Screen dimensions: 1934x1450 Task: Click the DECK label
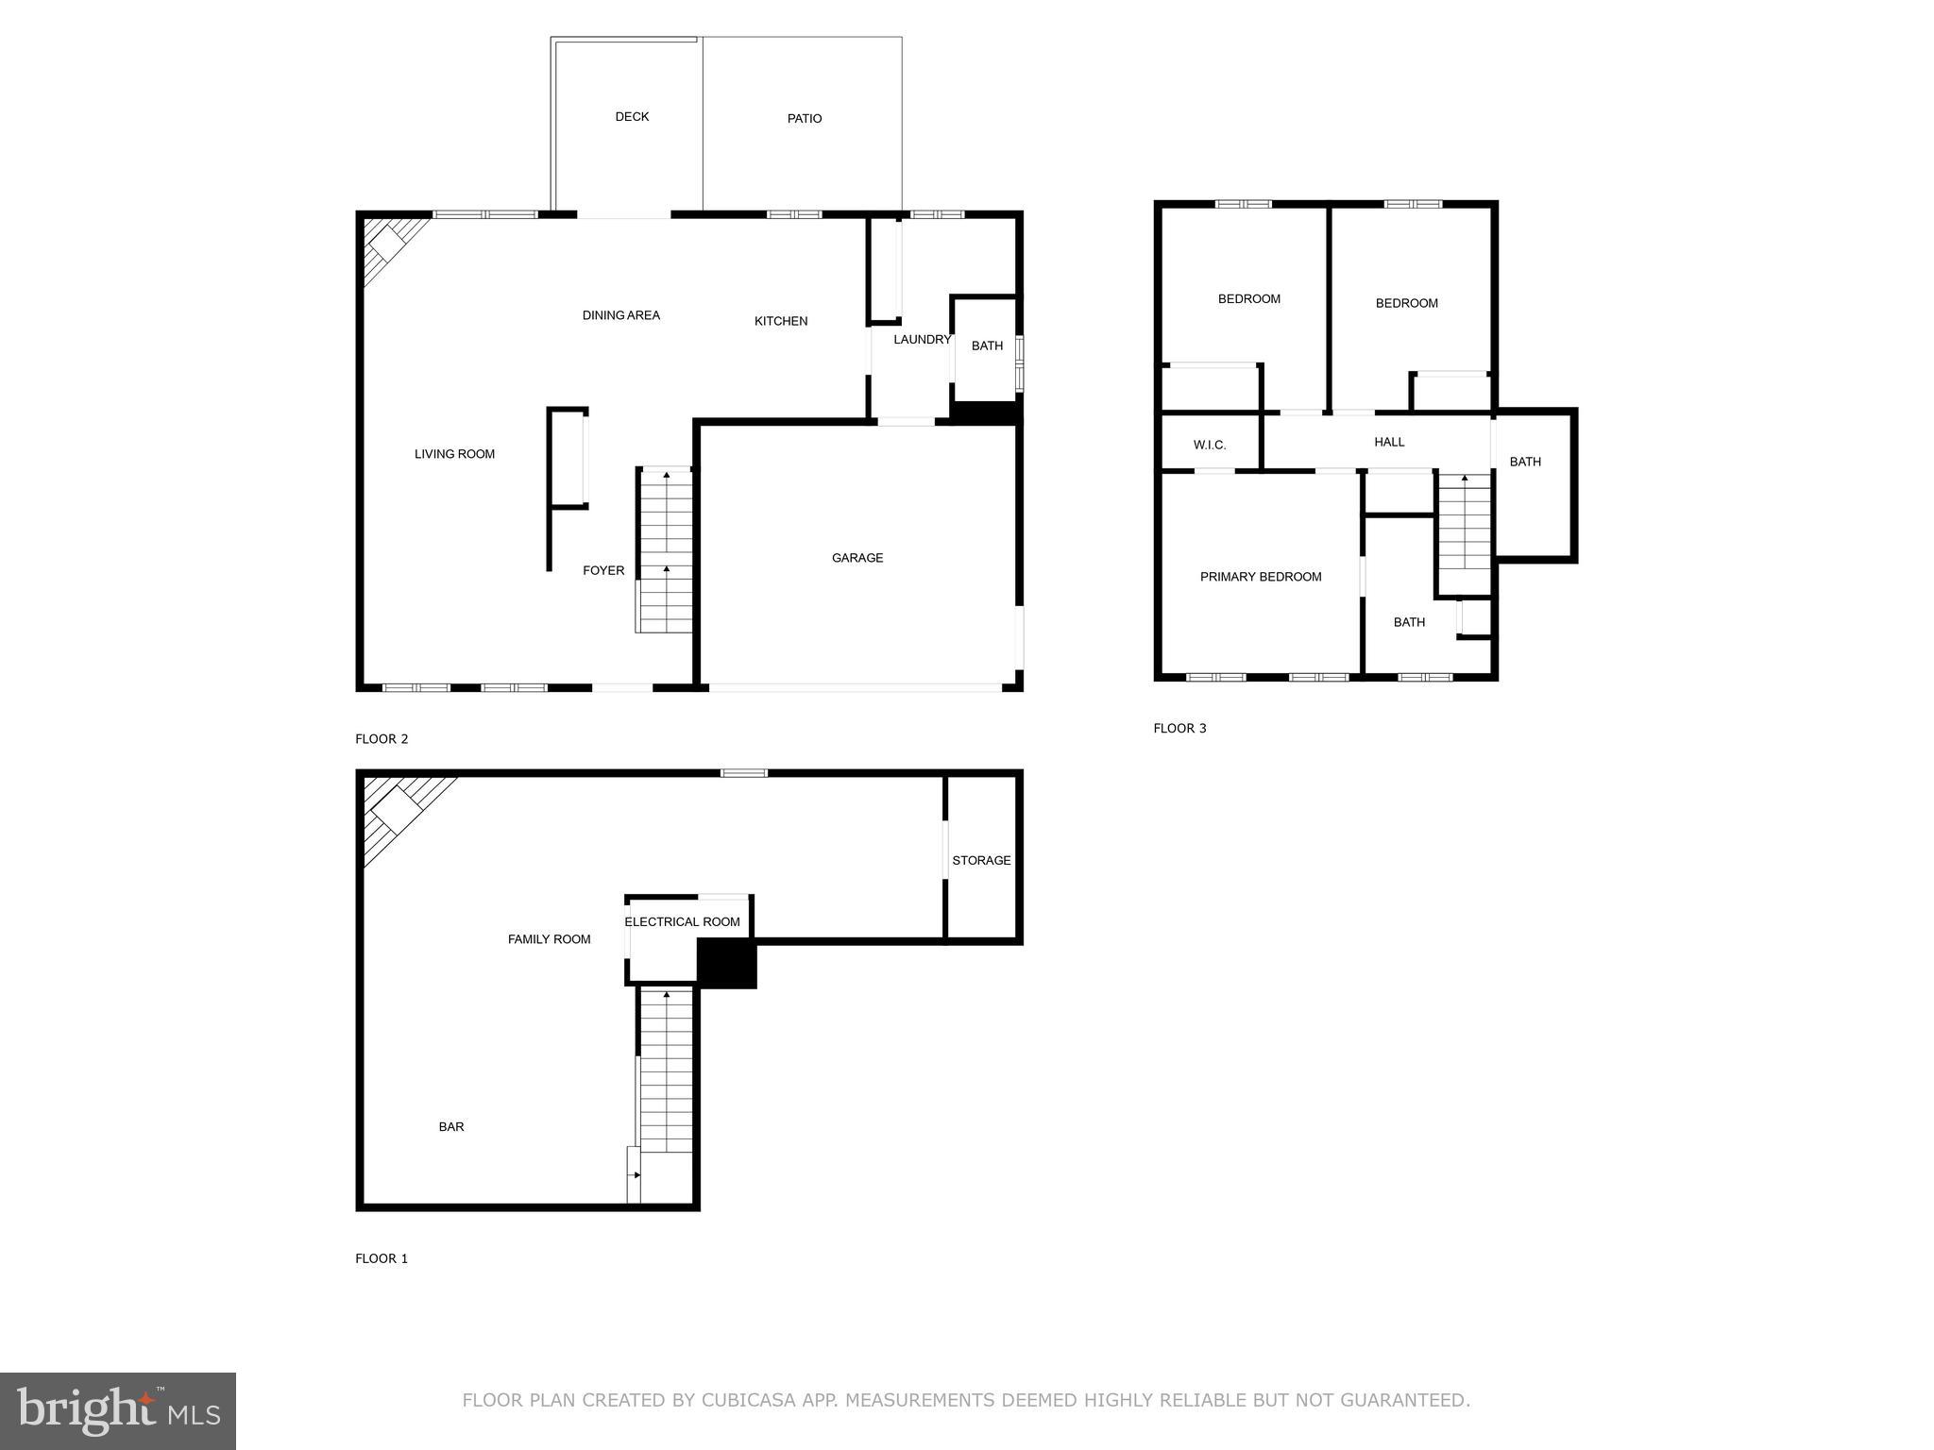tap(632, 117)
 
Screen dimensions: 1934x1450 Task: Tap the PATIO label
tap(805, 119)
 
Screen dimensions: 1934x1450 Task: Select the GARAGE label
tap(857, 558)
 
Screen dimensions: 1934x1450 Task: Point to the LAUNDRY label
tap(922, 340)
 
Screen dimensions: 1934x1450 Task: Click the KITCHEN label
tap(781, 321)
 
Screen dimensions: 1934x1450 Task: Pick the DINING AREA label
tap(621, 315)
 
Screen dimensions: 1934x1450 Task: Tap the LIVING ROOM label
tap(455, 454)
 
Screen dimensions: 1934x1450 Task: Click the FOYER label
tap(603, 570)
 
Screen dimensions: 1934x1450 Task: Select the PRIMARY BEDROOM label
tap(1261, 577)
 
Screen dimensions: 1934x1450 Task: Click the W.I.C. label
tap(1210, 445)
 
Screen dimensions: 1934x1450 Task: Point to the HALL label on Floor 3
tap(1389, 442)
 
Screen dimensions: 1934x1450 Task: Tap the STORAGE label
tap(981, 860)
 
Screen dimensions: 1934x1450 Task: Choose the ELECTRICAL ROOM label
tap(682, 921)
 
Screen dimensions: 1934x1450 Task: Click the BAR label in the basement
tap(451, 1126)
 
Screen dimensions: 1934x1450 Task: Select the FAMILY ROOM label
tap(550, 939)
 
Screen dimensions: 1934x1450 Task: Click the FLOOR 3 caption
tap(1179, 728)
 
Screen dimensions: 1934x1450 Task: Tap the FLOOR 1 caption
tap(382, 1258)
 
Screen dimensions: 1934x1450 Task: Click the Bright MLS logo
tap(118, 1411)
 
